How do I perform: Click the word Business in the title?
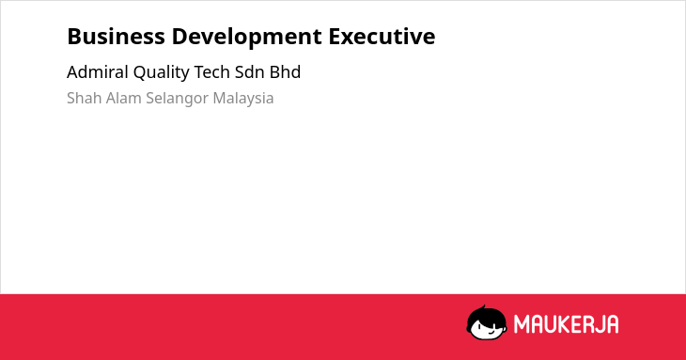[116, 37]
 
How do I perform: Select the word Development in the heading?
[247, 38]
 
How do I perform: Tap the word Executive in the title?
[382, 37]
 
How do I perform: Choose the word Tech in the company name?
[211, 72]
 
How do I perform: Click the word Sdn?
[249, 72]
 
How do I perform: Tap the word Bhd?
[285, 72]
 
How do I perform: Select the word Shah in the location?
[85, 98]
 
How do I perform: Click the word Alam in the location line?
[124, 98]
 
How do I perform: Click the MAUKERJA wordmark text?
[566, 324]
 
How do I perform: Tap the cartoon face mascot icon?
[487, 322]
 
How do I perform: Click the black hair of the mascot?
[486, 315]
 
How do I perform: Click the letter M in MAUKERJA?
[522, 324]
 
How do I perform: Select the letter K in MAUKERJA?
[565, 324]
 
